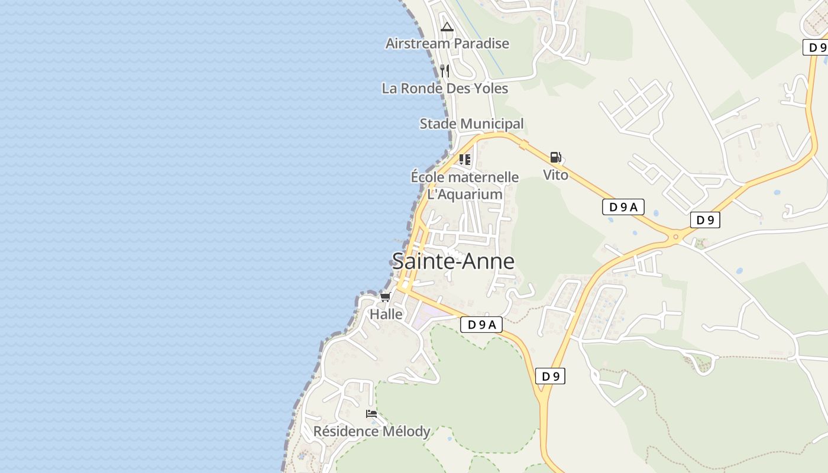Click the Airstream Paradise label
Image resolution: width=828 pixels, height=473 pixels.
coord(447,43)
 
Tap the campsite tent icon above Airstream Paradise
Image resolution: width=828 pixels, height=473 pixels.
coord(447,27)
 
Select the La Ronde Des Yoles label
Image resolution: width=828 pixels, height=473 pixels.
coord(445,88)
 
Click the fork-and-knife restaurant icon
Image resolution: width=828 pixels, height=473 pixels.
coord(445,71)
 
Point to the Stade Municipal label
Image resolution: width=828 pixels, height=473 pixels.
coord(471,124)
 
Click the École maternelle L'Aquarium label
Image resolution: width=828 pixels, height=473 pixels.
coord(465,185)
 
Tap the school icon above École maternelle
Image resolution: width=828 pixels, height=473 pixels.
coord(465,160)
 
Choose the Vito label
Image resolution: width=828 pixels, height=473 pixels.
coord(555,175)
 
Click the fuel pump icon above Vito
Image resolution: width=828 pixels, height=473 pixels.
coord(555,157)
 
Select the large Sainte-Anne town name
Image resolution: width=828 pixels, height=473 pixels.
coord(453,261)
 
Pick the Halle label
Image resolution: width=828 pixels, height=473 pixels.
coord(386,314)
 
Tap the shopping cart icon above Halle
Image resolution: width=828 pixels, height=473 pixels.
coord(386,297)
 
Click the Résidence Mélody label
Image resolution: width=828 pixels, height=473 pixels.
coord(371,431)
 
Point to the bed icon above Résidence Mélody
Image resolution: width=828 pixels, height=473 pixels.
coord(371,414)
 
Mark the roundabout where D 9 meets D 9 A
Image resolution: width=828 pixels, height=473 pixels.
coord(675,237)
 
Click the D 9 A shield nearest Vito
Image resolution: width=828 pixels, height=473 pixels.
coord(623,207)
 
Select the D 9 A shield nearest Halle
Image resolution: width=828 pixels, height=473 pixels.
coord(481,325)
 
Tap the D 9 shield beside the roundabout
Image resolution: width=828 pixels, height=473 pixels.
coord(705,220)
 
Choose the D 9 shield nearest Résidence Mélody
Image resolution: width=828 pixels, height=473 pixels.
coord(550,376)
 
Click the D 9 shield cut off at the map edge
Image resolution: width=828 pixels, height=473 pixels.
coord(816,47)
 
